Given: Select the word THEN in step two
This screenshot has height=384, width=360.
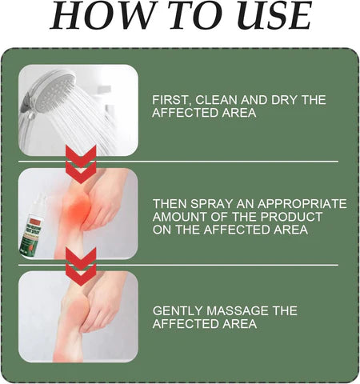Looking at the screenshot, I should pyautogui.click(x=170, y=203).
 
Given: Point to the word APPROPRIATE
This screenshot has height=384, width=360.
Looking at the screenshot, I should pyautogui.click(x=301, y=203).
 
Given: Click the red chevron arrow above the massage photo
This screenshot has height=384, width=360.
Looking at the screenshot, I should pyautogui.click(x=82, y=265).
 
